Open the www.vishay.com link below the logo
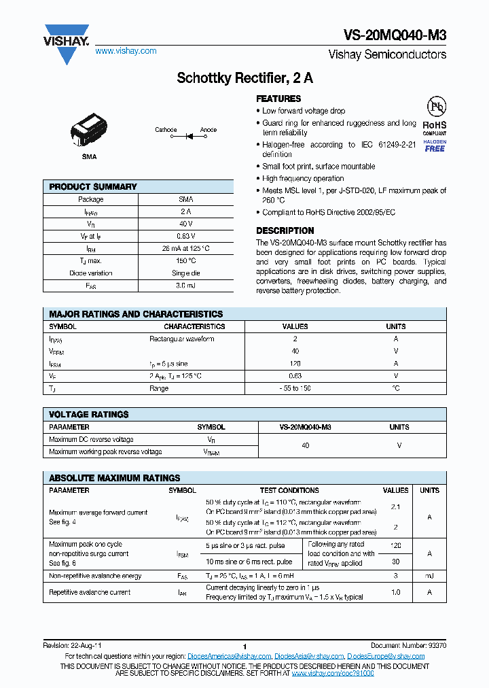(126, 51)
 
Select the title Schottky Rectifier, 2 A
(244, 78)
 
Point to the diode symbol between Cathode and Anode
(188, 137)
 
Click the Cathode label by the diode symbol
(166, 130)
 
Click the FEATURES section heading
(278, 99)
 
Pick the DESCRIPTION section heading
(285, 230)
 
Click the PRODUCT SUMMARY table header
(93, 186)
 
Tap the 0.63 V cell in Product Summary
(186, 236)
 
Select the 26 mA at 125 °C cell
(186, 248)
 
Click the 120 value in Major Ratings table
(295, 364)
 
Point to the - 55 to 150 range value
(295, 388)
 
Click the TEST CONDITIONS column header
(289, 490)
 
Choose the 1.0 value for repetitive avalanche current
(395, 592)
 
